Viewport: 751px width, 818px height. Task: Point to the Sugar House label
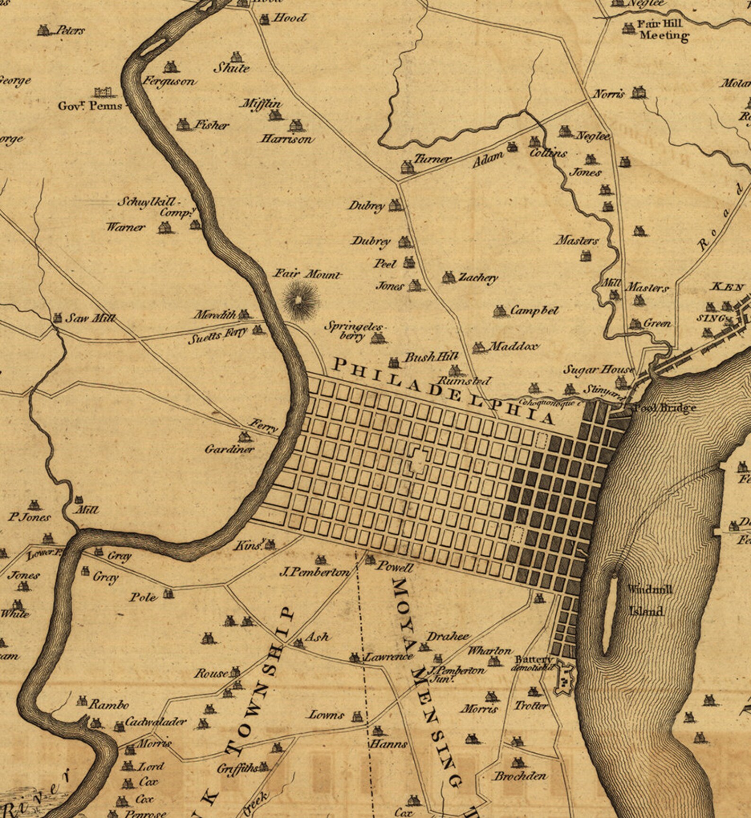598,370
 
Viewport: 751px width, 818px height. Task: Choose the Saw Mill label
90,318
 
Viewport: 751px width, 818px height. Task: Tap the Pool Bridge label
665,407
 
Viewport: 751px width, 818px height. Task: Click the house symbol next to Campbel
499,311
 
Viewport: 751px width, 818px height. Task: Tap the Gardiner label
229,449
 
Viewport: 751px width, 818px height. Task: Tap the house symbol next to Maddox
479,347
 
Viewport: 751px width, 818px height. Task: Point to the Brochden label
520,775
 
